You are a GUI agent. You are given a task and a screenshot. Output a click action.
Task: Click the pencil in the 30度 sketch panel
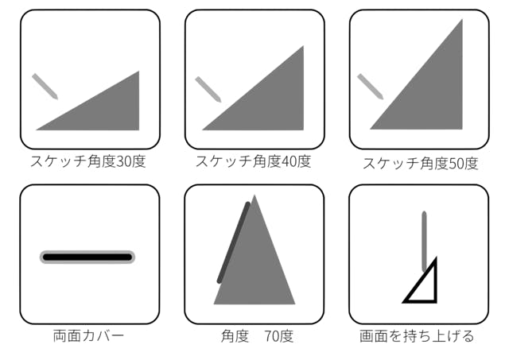(x=45, y=87)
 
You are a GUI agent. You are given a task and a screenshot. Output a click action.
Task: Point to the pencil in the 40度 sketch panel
(x=208, y=89)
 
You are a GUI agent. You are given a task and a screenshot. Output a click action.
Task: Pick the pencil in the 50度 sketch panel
(x=371, y=87)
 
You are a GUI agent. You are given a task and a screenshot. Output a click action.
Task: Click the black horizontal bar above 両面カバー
(x=87, y=257)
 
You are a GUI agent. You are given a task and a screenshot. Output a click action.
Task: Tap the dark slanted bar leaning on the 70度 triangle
(x=234, y=242)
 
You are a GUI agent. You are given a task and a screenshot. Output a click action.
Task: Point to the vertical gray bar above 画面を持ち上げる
(x=424, y=242)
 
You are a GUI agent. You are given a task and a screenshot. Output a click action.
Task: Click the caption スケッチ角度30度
(x=88, y=161)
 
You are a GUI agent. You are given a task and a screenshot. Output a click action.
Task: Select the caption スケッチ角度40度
(x=253, y=161)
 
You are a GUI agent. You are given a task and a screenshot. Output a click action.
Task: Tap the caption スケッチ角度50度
(x=421, y=163)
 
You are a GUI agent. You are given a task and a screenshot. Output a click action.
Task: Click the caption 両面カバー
(x=88, y=335)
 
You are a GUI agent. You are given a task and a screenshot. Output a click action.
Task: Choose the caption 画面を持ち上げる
(x=417, y=335)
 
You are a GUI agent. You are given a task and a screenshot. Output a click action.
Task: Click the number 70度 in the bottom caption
(x=279, y=336)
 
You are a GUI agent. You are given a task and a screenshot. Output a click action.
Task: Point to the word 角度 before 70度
(x=235, y=336)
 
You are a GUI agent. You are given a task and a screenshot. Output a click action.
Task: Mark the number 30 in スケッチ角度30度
(x=124, y=161)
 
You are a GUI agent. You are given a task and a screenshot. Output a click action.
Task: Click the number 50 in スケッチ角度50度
(x=457, y=164)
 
